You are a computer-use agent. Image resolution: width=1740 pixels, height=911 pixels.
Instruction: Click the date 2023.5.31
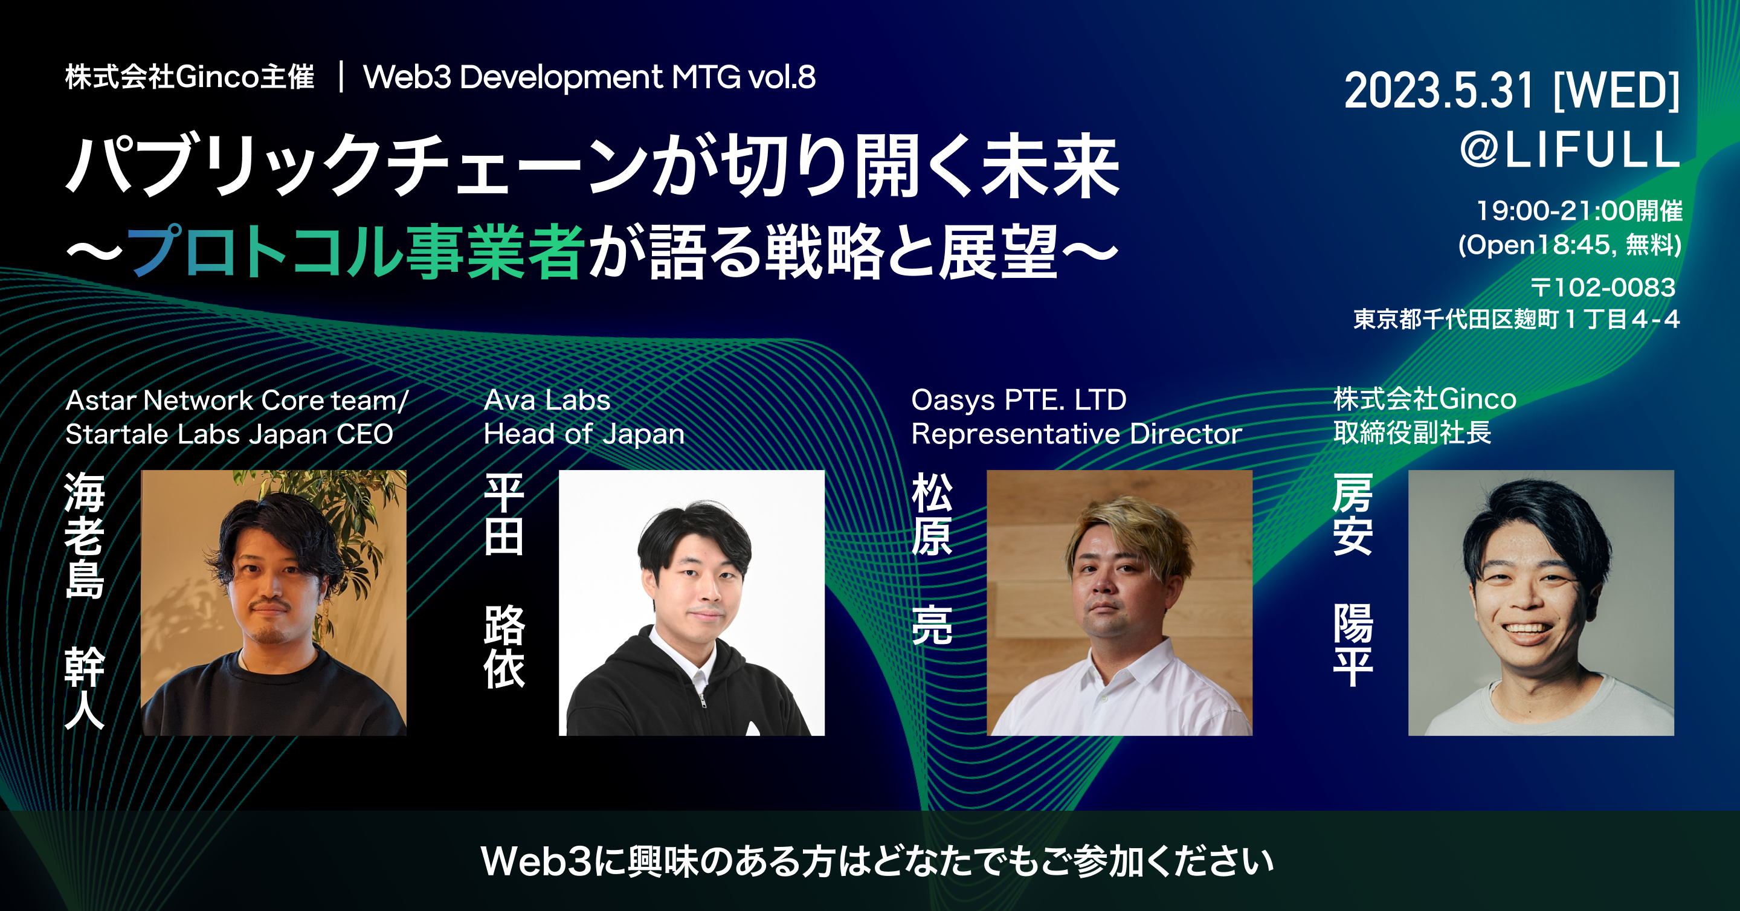click(1439, 91)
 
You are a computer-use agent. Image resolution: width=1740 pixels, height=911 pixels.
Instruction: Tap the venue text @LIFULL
click(1570, 149)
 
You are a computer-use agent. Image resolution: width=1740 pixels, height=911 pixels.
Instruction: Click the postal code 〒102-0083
click(1602, 288)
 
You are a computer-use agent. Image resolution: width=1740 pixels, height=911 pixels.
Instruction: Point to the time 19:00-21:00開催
click(1579, 211)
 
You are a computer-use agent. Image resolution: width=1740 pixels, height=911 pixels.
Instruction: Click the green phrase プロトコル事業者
click(355, 252)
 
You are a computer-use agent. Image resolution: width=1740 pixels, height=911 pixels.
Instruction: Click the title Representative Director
click(1077, 434)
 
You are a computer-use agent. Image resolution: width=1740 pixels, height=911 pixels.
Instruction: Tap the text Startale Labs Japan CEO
click(229, 434)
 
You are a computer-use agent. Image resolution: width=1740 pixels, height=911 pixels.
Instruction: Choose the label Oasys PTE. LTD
click(1019, 400)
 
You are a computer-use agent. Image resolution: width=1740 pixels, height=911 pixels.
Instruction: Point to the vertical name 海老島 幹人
click(85, 600)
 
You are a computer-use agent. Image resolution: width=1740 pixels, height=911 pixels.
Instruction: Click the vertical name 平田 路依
click(504, 580)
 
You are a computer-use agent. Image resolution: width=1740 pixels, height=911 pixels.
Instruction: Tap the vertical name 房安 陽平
click(1353, 580)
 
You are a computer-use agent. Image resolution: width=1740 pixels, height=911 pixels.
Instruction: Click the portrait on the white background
click(692, 603)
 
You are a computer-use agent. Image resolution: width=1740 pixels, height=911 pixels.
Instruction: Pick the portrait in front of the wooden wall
click(1120, 603)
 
